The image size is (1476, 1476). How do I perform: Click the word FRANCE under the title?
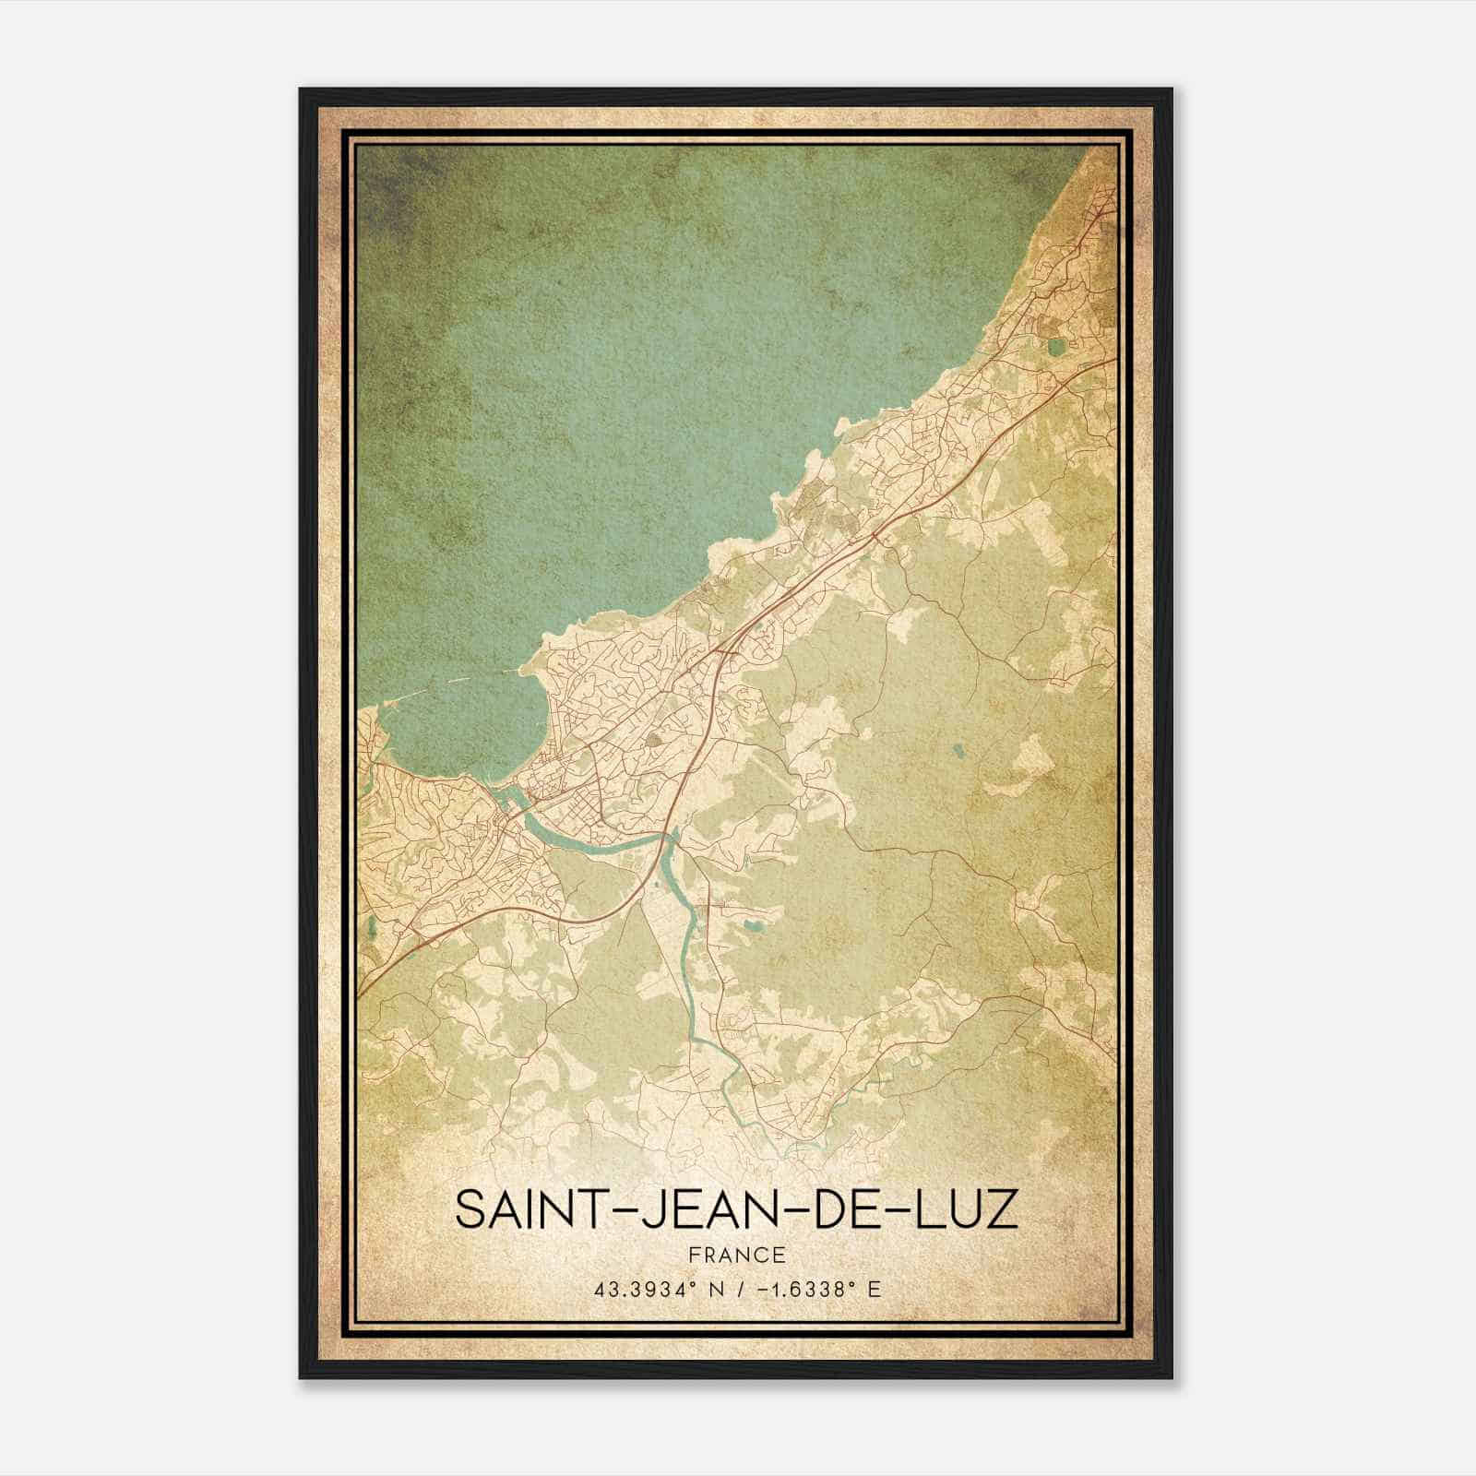(x=737, y=1255)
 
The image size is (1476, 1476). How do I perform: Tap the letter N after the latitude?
(x=713, y=1289)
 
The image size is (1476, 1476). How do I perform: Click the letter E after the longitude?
(x=874, y=1289)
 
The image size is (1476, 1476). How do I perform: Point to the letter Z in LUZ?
(x=1003, y=1210)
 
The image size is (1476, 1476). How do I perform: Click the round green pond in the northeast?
(x=1055, y=348)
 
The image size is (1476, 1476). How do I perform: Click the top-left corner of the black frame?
(x=301, y=89)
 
